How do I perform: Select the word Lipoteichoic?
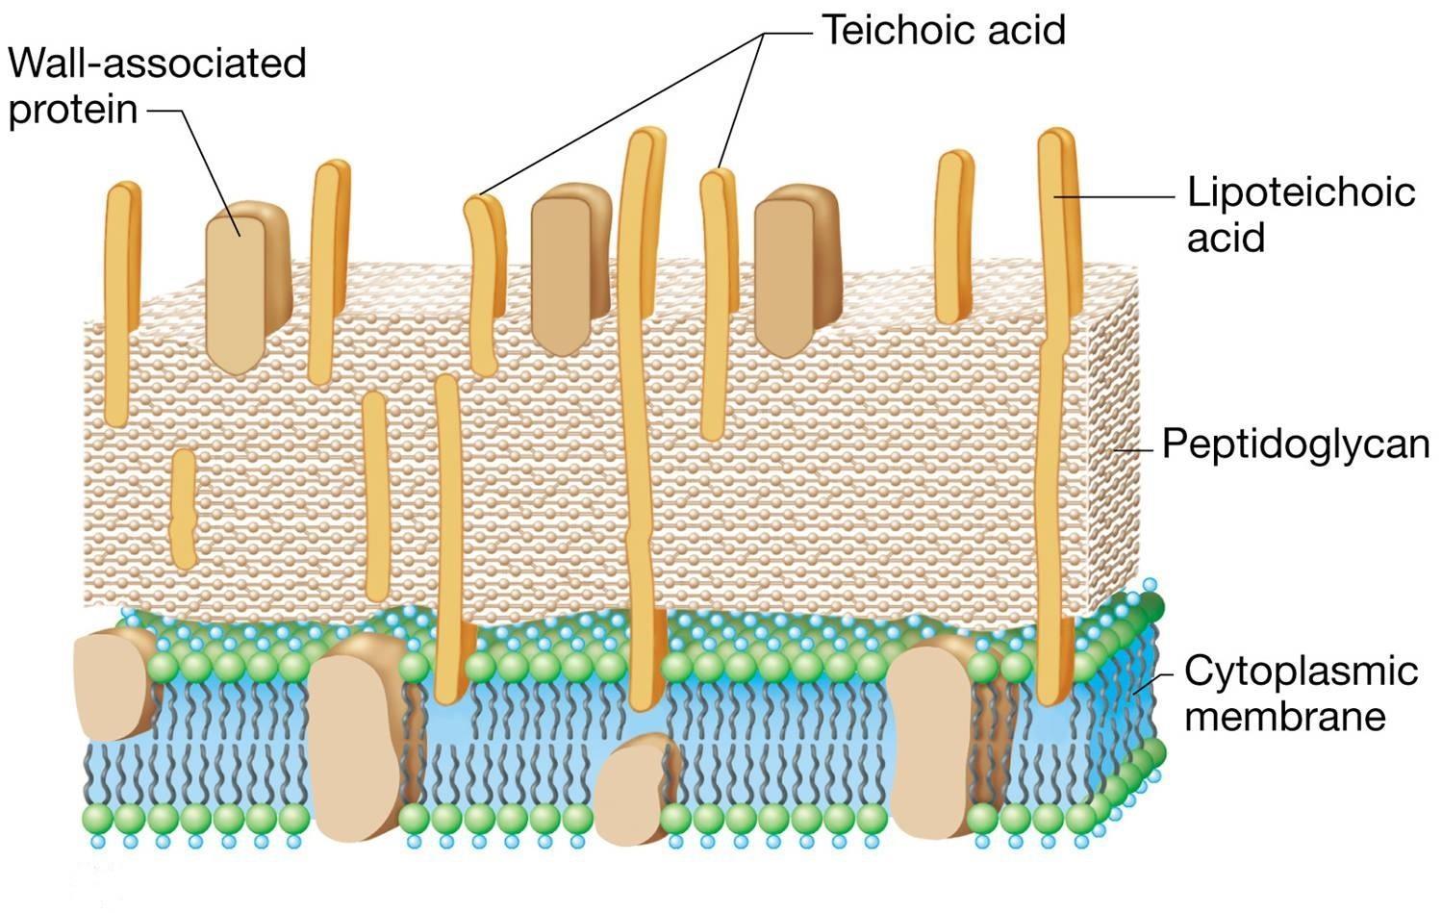click(x=1301, y=191)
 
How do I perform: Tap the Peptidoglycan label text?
click(x=1295, y=444)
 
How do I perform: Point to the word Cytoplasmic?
click(x=1301, y=670)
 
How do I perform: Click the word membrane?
click(x=1284, y=716)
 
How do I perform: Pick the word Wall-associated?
click(x=157, y=63)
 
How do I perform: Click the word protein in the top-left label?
click(x=73, y=110)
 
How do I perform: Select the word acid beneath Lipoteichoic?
click(x=1226, y=237)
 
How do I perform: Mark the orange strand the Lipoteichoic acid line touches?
click(x=1058, y=385)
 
